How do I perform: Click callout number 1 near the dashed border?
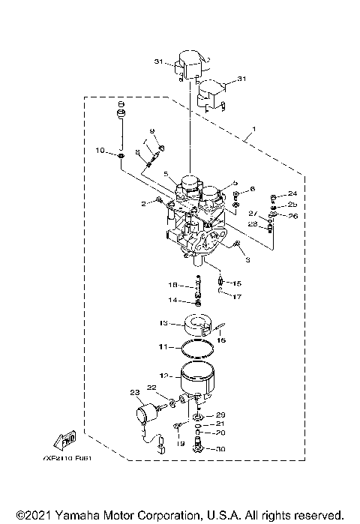(x=253, y=128)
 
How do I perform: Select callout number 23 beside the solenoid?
(x=135, y=392)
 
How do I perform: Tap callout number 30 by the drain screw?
(x=220, y=448)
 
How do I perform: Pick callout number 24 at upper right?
(x=292, y=193)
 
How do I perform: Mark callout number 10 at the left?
(x=100, y=151)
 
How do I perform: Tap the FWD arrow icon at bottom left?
(x=65, y=438)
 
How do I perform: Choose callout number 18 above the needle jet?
(x=172, y=286)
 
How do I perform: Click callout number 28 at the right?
(x=253, y=225)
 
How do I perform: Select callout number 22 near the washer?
(x=151, y=388)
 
